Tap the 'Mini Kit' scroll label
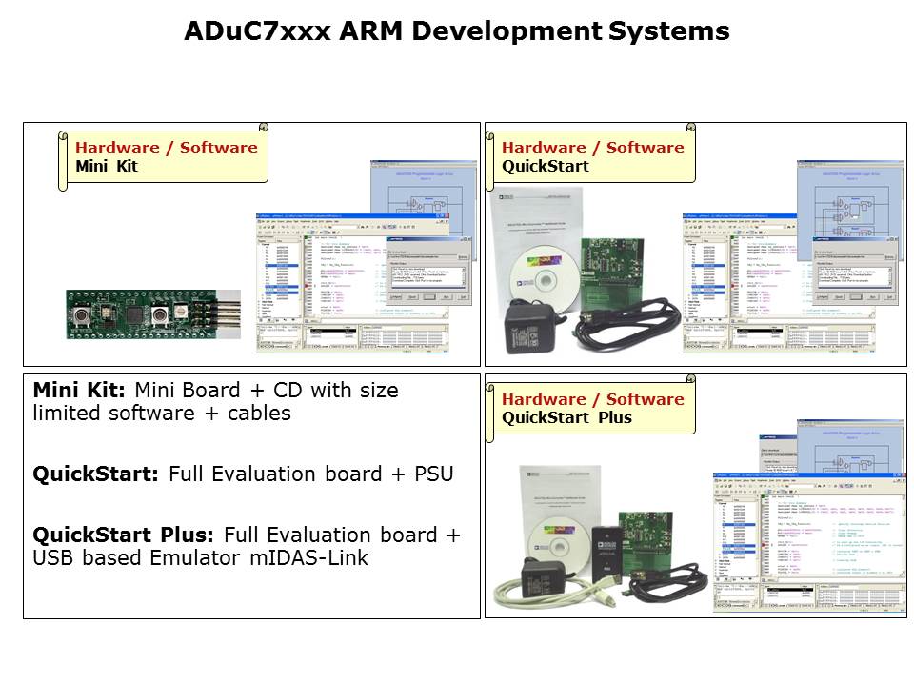point(107,166)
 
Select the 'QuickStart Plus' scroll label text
point(566,417)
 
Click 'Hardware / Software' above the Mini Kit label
point(166,148)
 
